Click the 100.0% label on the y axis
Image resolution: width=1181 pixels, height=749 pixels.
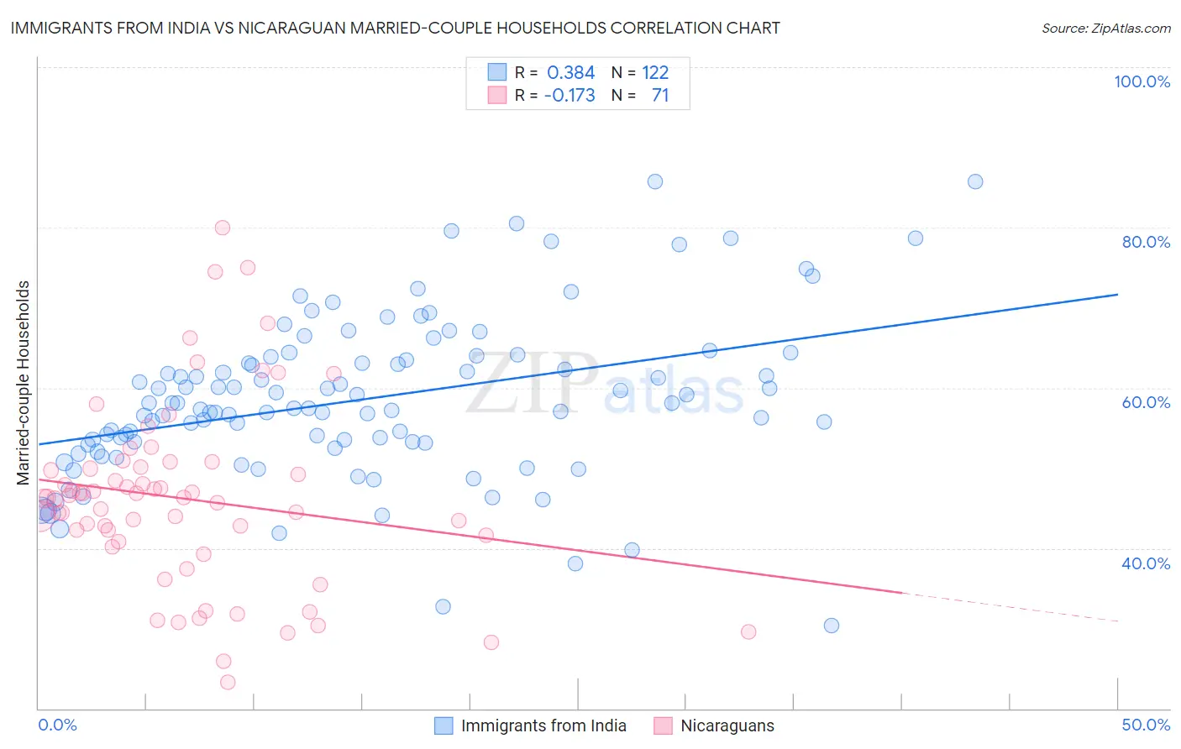(1142, 81)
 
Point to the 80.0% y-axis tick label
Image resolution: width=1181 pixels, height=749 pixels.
(1146, 242)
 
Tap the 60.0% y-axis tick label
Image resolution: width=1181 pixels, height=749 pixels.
(1146, 402)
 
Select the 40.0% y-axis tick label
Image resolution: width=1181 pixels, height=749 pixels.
(1146, 563)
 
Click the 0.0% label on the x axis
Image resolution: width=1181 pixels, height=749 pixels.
(57, 725)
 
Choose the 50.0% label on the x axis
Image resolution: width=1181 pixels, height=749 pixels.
(1146, 725)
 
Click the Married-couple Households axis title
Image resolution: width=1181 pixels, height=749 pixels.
(24, 383)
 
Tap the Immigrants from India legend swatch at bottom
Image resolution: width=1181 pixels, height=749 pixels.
(444, 725)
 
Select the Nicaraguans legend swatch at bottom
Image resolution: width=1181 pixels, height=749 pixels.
(664, 725)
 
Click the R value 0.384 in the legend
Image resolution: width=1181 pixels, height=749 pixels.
(570, 73)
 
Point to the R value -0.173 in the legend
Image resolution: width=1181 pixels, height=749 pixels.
(570, 96)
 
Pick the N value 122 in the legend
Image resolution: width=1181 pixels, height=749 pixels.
(655, 73)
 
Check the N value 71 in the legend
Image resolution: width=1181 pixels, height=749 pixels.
(660, 96)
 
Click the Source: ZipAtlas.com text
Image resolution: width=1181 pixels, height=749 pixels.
(1105, 28)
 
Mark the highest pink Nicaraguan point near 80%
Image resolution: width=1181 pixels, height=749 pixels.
(223, 228)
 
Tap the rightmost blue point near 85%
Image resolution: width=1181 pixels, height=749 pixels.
(975, 181)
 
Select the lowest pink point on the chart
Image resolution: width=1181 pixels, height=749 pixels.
(228, 683)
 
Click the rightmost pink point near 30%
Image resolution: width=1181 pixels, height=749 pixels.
(748, 631)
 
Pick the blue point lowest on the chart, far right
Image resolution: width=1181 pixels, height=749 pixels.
(832, 626)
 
